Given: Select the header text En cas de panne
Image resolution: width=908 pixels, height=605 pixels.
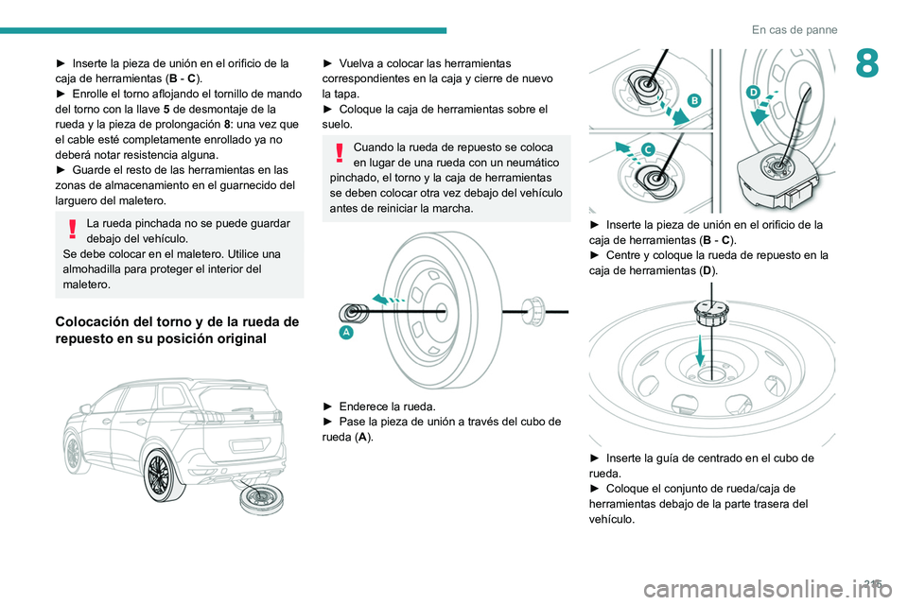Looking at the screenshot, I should point(794,30).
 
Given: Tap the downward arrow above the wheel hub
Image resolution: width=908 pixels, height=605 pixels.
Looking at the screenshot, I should point(698,354).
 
